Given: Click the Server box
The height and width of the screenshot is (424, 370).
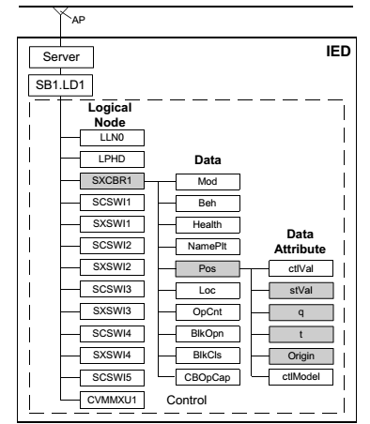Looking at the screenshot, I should pos(54,59).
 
